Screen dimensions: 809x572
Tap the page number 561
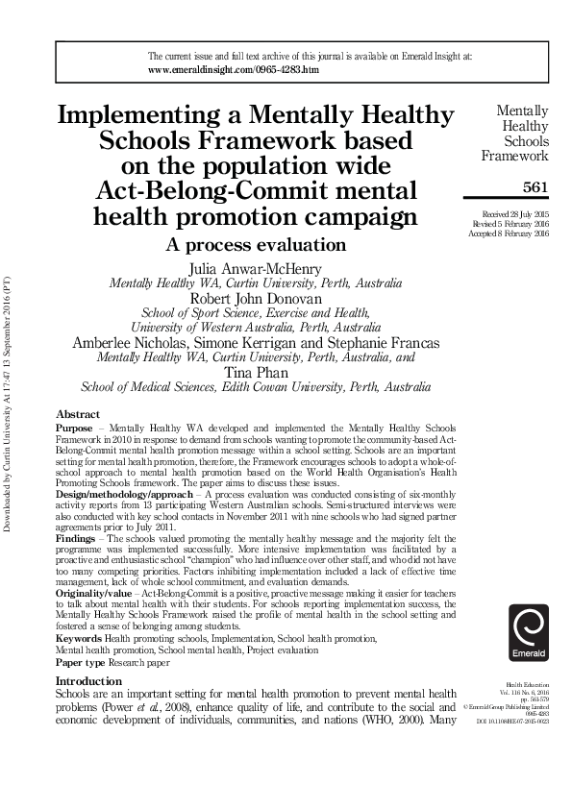tap(535, 187)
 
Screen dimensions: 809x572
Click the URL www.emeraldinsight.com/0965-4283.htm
tap(234, 71)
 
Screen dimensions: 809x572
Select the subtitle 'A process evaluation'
tap(255, 244)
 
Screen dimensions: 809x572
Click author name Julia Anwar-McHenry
tap(256, 268)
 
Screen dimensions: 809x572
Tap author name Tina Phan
tap(256, 372)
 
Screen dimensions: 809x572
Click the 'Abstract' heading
tap(77, 414)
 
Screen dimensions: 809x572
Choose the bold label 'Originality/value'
tap(93, 596)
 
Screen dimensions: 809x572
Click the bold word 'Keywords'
tap(79, 638)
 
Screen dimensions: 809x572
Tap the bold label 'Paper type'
tap(82, 663)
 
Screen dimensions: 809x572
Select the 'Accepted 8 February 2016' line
tap(510, 234)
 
